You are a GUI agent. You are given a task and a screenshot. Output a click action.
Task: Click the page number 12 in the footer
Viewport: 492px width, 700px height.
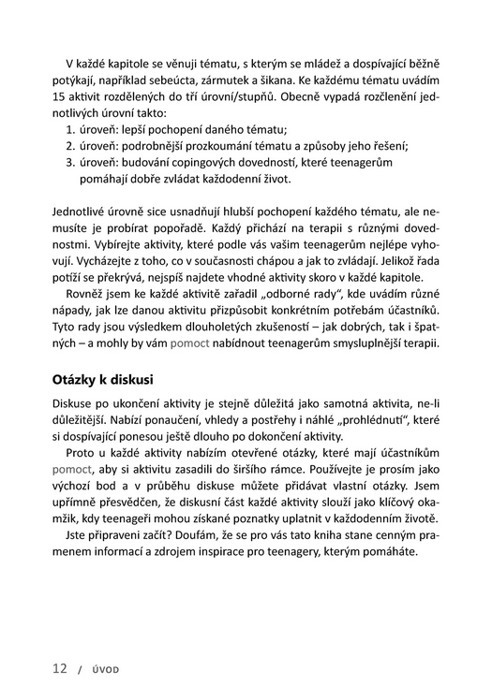point(59,669)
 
